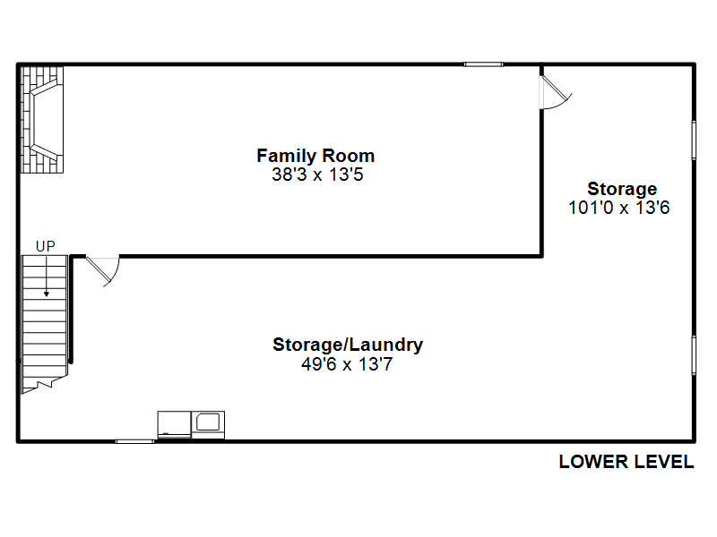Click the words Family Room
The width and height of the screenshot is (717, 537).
click(315, 156)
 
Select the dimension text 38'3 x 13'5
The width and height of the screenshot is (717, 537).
click(316, 175)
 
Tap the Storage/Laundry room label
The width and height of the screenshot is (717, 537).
click(348, 345)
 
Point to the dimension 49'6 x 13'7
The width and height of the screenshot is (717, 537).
click(348, 364)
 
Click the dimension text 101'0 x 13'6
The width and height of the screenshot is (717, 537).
click(619, 208)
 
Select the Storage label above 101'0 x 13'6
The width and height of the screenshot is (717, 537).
click(621, 189)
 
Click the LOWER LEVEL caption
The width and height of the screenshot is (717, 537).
click(626, 462)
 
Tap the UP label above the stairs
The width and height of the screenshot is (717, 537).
click(45, 245)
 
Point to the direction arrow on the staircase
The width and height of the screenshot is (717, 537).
click(46, 281)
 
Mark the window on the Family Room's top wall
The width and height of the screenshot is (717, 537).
click(483, 64)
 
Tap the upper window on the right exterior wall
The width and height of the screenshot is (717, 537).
click(694, 140)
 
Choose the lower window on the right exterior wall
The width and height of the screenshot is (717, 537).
click(694, 354)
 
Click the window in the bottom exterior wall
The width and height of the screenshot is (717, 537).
click(134, 440)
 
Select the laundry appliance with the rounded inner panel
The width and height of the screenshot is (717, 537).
click(209, 423)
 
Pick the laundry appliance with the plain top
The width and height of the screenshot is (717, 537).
click(174, 423)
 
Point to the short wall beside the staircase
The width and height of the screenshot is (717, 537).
click(71, 309)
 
